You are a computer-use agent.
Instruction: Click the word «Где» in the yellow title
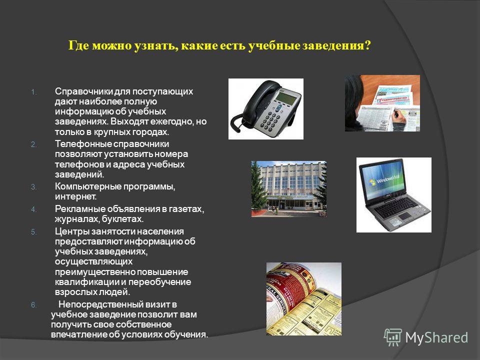78,45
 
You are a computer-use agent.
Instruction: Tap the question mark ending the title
367,45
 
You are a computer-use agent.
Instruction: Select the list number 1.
33,92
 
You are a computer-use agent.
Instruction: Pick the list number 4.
33,209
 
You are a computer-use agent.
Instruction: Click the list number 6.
33,305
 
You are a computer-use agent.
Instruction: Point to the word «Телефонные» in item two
81,144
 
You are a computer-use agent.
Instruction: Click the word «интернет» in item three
75,196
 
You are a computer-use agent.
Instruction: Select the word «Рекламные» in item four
79,209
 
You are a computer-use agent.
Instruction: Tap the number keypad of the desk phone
271,121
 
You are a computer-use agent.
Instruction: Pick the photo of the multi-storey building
288,189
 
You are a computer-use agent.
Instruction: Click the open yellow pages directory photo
303,299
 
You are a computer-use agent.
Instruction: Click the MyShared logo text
436,338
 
